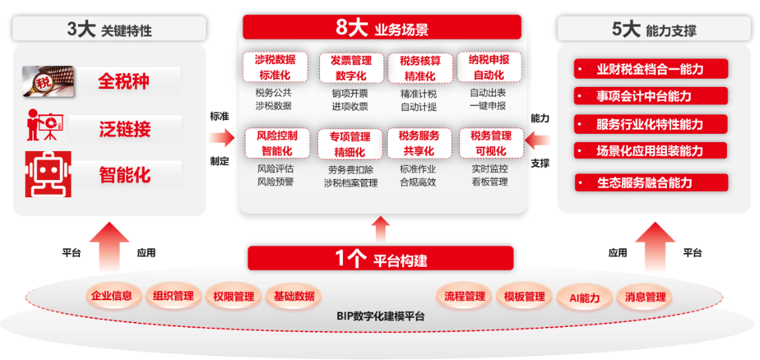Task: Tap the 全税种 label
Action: tap(124, 81)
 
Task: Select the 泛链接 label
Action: tap(124, 128)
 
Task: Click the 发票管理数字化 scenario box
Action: tap(351, 68)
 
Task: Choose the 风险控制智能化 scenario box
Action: tap(277, 143)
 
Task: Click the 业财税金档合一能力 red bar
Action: tap(650, 69)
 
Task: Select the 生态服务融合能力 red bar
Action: tap(650, 183)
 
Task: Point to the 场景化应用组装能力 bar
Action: tap(650, 150)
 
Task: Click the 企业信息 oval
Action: tap(112, 296)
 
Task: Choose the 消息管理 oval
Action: tap(646, 297)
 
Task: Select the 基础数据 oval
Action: tap(294, 296)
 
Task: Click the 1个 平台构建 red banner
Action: tap(381, 259)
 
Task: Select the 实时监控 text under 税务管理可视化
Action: tap(490, 168)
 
